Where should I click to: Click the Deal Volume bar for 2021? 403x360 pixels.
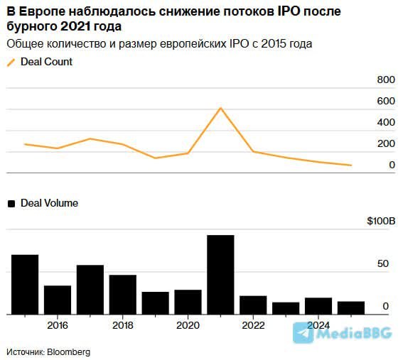[x=220, y=275]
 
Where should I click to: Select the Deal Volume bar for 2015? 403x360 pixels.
[x=25, y=284]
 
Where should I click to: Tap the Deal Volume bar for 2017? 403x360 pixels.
[x=90, y=290]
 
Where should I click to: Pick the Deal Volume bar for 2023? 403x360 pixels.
[x=286, y=308]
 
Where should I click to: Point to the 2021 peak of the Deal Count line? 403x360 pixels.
[x=220, y=108]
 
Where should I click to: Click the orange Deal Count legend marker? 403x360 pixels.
[x=11, y=62]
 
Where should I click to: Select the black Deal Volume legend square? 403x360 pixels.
[x=11, y=203]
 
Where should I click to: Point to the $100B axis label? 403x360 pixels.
[x=381, y=222]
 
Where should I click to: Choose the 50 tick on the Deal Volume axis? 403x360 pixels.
[x=382, y=263]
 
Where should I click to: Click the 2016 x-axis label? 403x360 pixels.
[x=58, y=325]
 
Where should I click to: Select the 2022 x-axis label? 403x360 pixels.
[x=253, y=325]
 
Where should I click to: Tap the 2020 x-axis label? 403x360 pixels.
[x=188, y=325]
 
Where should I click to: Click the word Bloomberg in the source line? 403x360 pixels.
[x=70, y=351]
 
